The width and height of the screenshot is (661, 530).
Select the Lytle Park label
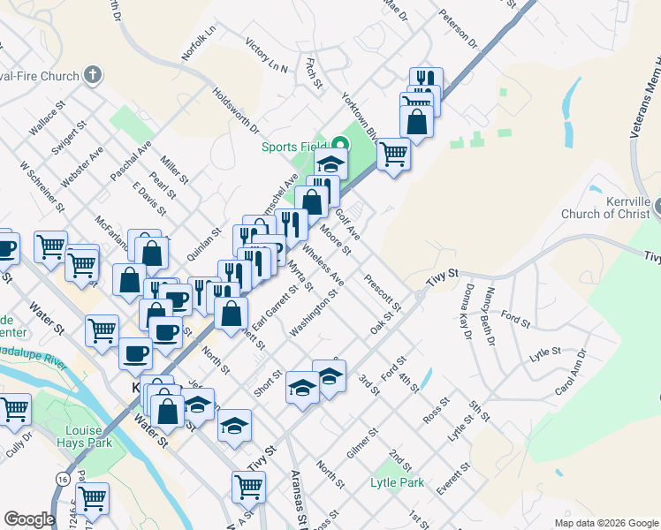click(397, 483)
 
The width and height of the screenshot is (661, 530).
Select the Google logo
click(29, 519)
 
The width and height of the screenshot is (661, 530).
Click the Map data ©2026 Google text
click(605, 522)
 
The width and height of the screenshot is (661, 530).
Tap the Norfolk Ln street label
click(199, 42)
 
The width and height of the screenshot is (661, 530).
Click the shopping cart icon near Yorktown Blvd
click(393, 154)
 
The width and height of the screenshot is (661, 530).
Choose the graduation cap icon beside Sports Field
click(331, 164)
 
